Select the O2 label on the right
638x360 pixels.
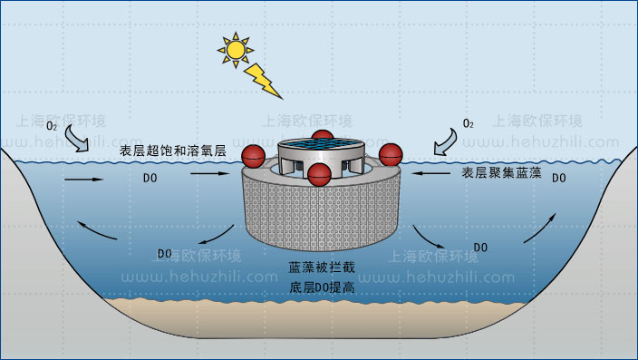pos(468,122)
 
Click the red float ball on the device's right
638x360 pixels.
pos(390,155)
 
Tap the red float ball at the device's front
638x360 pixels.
pos(318,176)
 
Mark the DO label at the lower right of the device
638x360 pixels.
pos(481,247)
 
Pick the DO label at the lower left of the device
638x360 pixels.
pos(165,252)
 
